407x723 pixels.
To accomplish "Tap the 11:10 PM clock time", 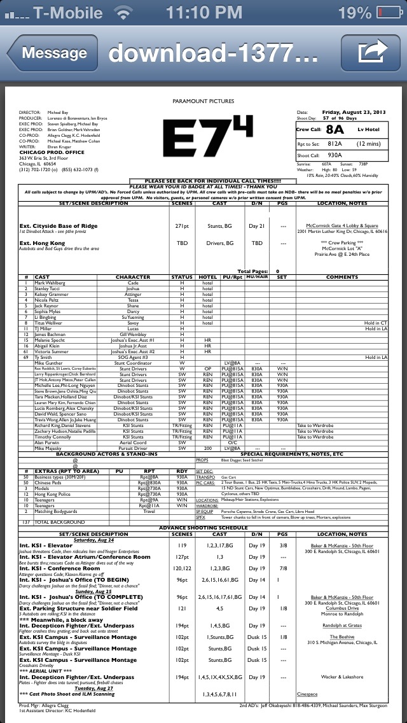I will point(204,12).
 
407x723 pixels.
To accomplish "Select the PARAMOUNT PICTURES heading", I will point(203,101).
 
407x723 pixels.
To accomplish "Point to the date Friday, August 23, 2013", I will point(353,112).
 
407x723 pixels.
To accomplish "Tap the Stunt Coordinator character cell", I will point(133,363).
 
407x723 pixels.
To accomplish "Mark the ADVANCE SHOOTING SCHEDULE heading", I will point(203,528).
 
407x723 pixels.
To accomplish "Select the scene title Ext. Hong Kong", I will point(42,243).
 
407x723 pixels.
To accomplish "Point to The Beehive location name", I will point(341,637).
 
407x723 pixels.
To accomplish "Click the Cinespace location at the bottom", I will point(307,694).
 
